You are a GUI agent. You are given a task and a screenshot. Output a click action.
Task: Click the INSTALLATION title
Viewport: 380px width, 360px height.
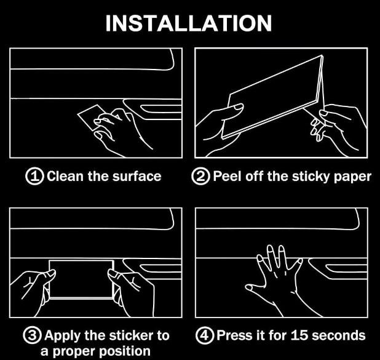189,23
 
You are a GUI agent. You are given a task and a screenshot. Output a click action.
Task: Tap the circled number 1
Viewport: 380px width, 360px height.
34,176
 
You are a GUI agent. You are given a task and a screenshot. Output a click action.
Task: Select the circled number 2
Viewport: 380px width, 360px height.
200,176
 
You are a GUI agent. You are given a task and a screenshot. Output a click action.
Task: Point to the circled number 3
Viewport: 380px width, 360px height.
33,335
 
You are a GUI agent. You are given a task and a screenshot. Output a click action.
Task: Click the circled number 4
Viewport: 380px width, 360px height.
205,335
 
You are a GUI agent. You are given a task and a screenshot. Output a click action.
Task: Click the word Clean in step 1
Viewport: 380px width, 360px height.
65,176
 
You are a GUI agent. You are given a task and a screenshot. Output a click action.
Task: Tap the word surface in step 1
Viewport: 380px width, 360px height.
137,176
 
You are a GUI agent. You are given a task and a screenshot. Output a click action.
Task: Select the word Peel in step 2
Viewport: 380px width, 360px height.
228,176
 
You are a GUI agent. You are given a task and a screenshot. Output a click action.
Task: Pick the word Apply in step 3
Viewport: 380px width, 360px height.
62,337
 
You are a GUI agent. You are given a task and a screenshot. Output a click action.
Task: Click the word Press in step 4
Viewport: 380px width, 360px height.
233,335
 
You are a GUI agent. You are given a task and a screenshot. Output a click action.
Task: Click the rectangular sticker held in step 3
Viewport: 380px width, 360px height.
81,279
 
